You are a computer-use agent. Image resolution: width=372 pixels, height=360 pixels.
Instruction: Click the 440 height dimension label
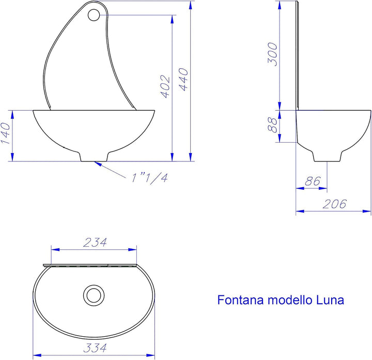pyautogui.click(x=183, y=79)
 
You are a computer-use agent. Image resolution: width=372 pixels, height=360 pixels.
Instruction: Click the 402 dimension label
pyautogui.click(x=165, y=86)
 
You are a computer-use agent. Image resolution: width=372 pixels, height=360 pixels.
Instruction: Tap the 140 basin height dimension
pyautogui.click(x=6, y=133)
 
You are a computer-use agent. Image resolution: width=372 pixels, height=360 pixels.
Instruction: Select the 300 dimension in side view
pyautogui.click(x=272, y=54)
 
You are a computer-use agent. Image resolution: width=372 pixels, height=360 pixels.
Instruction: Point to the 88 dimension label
pyautogui.click(x=272, y=125)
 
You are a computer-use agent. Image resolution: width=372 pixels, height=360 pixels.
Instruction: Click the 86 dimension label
pyautogui.click(x=313, y=181)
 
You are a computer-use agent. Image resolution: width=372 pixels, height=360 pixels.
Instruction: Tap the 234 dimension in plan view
pyautogui.click(x=95, y=242)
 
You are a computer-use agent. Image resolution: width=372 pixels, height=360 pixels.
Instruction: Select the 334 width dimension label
pyautogui.click(x=95, y=348)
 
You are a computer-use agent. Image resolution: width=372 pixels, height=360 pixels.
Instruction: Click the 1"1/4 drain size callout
pyautogui.click(x=150, y=178)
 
